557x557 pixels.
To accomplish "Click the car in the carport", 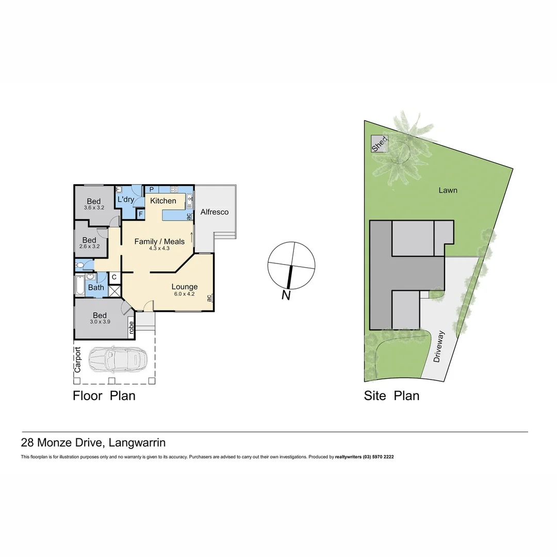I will tap(118, 359).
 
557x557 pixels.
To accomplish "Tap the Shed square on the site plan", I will tap(379, 144).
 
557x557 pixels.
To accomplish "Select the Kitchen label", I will tap(163, 201).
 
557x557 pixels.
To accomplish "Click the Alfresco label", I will tap(215, 212).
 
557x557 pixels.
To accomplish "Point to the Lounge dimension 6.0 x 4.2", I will tap(184, 294).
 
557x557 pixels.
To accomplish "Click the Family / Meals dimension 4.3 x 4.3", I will tap(159, 248).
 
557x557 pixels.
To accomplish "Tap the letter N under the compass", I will tap(286, 296).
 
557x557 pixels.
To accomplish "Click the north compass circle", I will tap(291, 265).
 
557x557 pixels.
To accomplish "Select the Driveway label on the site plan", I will tap(439, 347).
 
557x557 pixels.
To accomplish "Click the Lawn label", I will tap(448, 190).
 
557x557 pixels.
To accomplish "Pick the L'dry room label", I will tap(126, 200).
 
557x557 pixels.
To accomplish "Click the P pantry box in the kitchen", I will tap(152, 189).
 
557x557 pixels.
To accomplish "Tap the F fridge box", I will tap(140, 214).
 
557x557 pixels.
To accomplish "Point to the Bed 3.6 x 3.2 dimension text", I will tap(94, 208).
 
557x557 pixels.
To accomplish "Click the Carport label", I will tap(78, 359).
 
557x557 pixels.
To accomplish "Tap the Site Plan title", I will tap(391, 396).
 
